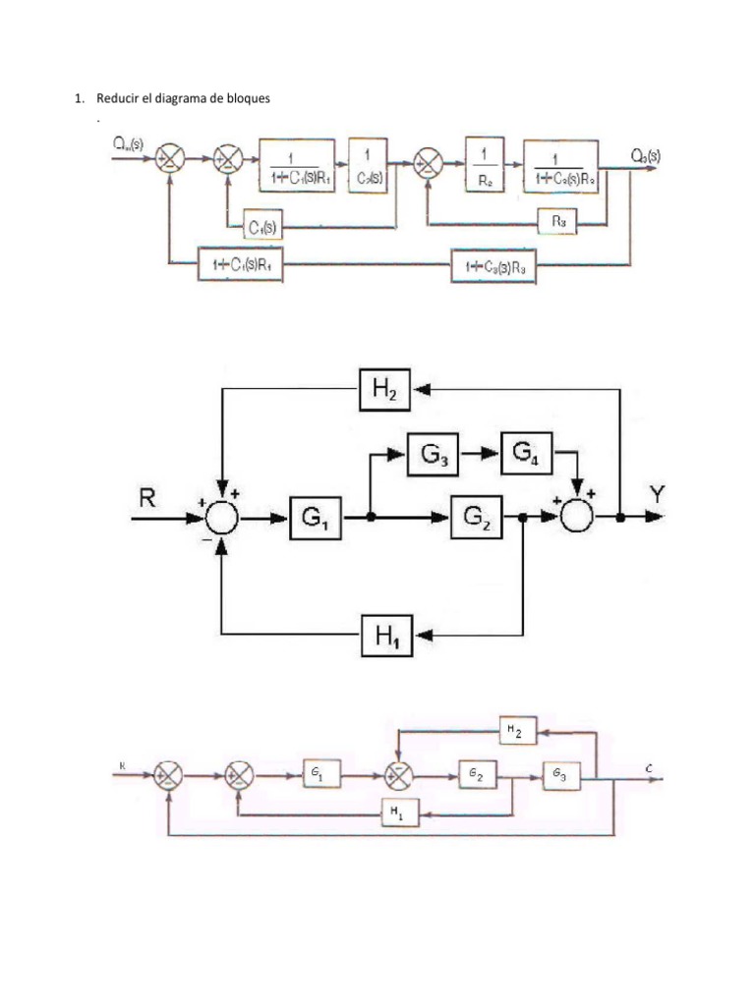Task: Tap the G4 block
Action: [527, 454]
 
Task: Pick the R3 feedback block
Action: [558, 223]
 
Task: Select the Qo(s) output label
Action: [646, 154]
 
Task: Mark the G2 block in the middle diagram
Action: [477, 518]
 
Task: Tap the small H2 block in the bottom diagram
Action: [516, 730]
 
